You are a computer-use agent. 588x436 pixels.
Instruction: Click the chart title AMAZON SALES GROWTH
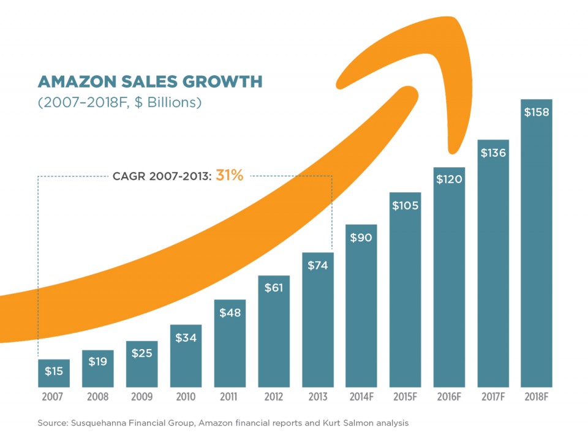click(x=149, y=81)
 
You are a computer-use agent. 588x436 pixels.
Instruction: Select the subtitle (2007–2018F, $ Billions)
click(x=119, y=102)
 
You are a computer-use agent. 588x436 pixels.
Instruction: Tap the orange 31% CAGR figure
click(x=230, y=176)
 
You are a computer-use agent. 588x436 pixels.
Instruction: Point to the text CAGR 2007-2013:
click(x=162, y=176)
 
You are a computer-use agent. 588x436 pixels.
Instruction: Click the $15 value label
click(x=53, y=370)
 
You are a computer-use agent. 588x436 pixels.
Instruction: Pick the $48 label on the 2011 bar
click(x=230, y=312)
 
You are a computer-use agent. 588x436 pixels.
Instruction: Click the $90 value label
click(x=361, y=238)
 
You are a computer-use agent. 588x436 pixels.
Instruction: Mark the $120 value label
click(x=449, y=179)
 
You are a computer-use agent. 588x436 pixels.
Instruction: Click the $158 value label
click(x=537, y=112)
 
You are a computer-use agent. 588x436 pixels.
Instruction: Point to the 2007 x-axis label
click(x=53, y=397)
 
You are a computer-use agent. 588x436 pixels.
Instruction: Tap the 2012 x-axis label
click(x=273, y=397)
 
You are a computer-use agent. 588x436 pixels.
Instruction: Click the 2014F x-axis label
click(x=361, y=397)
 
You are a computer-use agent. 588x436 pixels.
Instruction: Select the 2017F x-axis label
click(x=493, y=397)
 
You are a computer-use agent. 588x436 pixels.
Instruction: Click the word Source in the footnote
click(x=51, y=423)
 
